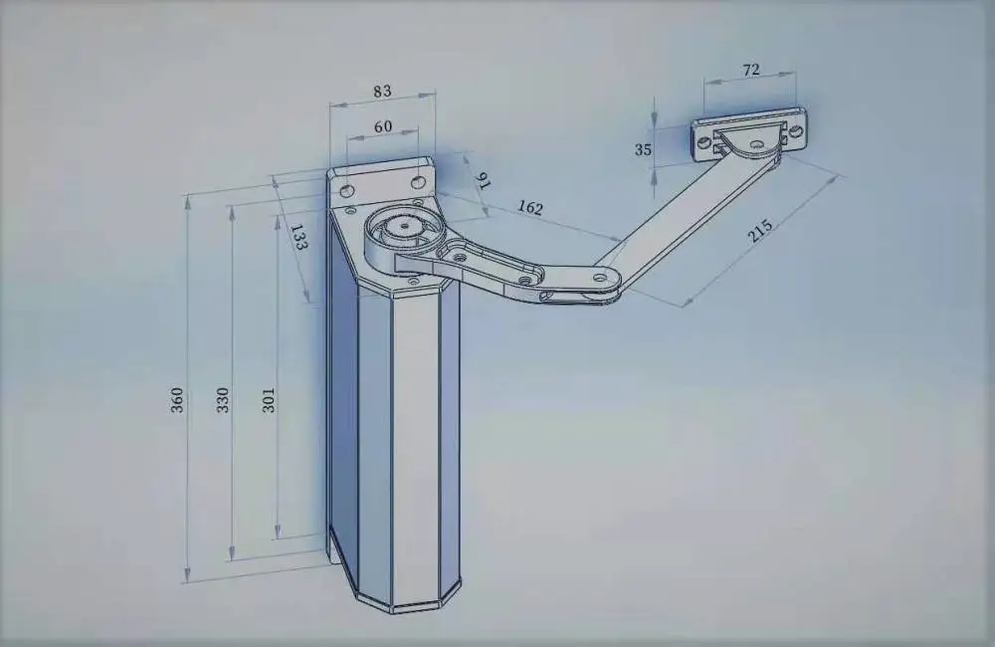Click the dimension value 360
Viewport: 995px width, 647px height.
[177, 400]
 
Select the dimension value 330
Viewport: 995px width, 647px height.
[223, 400]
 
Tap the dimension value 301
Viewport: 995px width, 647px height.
[269, 400]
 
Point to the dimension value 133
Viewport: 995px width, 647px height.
[298, 236]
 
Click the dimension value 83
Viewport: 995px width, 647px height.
[382, 92]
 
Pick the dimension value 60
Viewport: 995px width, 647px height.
[383, 127]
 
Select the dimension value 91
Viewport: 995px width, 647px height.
[483, 181]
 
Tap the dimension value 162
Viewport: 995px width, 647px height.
[530, 208]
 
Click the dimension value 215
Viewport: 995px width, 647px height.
[760, 231]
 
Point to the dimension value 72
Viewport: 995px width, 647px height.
[750, 70]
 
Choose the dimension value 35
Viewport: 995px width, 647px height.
[643, 150]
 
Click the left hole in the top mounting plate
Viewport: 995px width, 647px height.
[347, 190]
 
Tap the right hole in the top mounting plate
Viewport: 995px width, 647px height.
[417, 183]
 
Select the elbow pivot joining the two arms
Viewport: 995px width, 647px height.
[600, 278]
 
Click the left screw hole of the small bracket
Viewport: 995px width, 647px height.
[704, 143]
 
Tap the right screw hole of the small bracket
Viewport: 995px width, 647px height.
[796, 132]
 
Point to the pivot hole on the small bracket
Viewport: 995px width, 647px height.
[756, 144]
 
